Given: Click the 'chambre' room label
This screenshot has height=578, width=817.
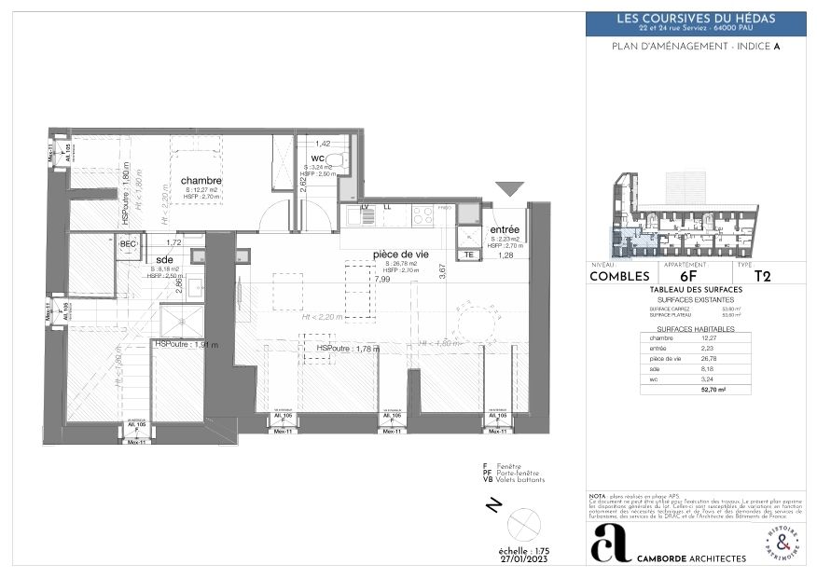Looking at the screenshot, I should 201,180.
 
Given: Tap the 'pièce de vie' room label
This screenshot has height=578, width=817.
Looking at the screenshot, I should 400,254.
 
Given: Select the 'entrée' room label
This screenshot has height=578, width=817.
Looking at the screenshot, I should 504,228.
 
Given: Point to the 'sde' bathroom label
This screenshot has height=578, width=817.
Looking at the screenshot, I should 165,259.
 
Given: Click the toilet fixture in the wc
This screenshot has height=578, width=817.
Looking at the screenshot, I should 338,160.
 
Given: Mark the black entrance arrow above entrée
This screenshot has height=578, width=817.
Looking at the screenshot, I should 509,189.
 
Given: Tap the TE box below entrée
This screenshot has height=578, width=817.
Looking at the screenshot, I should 468,254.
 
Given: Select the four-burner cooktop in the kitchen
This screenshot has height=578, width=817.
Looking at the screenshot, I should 422,214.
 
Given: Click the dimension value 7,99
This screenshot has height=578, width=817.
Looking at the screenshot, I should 382,279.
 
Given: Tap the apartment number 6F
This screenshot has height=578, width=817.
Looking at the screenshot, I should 688,276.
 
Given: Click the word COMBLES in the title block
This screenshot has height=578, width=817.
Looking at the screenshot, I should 619,276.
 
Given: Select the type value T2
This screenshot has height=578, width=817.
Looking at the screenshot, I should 762,276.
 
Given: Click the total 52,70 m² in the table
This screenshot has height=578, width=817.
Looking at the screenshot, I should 714,392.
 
